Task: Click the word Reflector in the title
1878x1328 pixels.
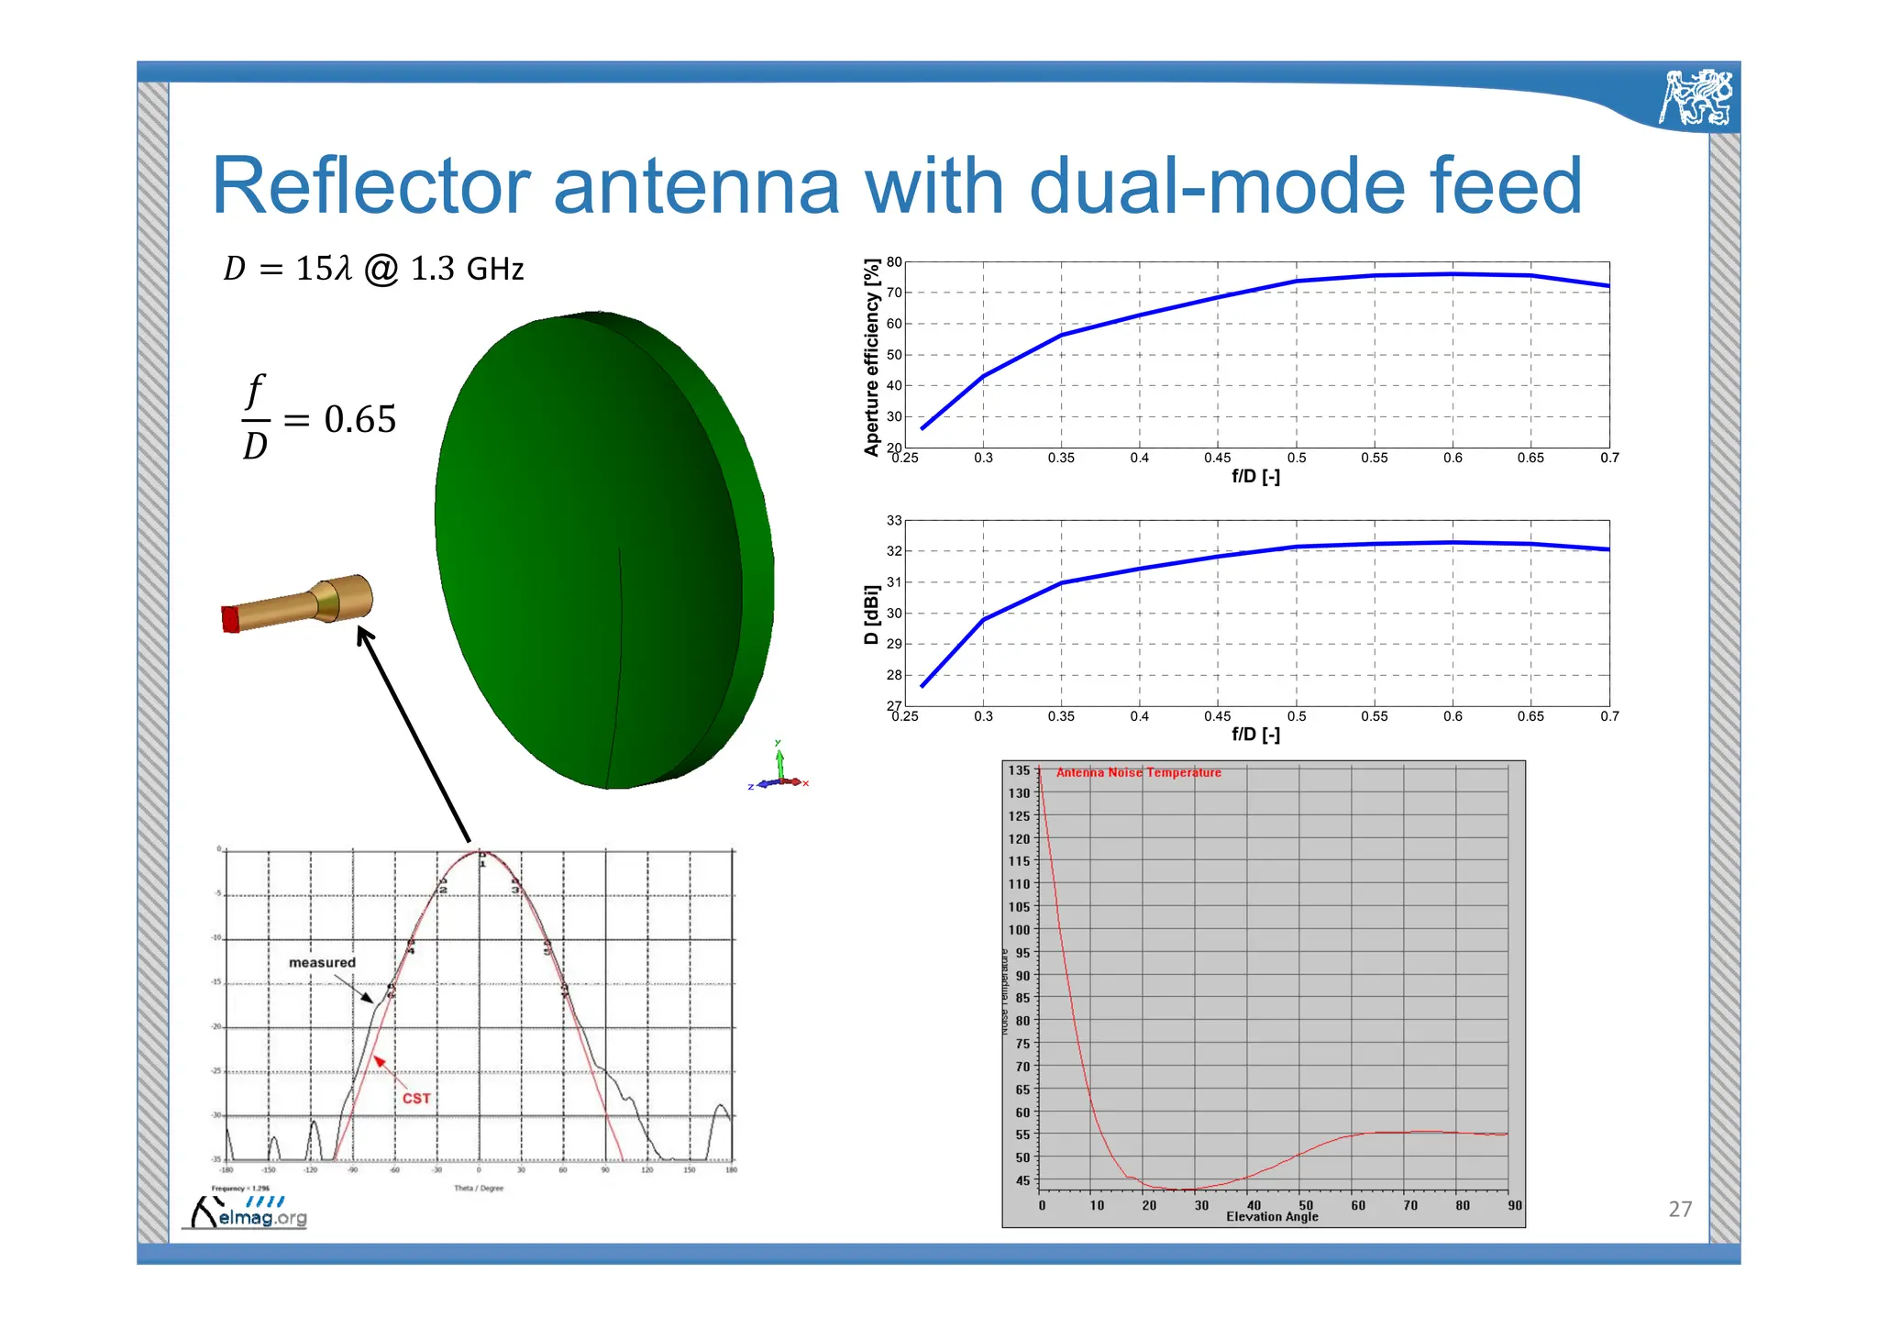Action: [x=370, y=186]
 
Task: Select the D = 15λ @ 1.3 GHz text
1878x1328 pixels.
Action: [x=373, y=269]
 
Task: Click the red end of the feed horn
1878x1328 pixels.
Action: [x=230, y=619]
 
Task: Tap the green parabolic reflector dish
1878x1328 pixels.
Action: [x=596, y=550]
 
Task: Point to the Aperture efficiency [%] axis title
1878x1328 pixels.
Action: [x=871, y=357]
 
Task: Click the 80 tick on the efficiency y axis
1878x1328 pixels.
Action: [x=893, y=262]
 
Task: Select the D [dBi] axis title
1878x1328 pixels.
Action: [x=871, y=614]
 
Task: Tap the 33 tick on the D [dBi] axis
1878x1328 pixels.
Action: [x=893, y=521]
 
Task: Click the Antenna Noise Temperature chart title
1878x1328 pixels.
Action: [x=1138, y=773]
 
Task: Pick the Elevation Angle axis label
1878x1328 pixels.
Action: [x=1272, y=1217]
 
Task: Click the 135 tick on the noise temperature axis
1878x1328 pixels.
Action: [x=1019, y=770]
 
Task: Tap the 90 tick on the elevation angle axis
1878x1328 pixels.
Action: [x=1514, y=1205]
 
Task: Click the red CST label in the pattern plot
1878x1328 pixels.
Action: [x=416, y=1098]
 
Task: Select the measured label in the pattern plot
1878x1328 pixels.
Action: [x=322, y=962]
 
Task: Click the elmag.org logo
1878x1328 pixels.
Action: [x=249, y=1214]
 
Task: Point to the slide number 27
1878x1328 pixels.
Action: [x=1680, y=1209]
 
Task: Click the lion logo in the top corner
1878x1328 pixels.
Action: [x=1696, y=96]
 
